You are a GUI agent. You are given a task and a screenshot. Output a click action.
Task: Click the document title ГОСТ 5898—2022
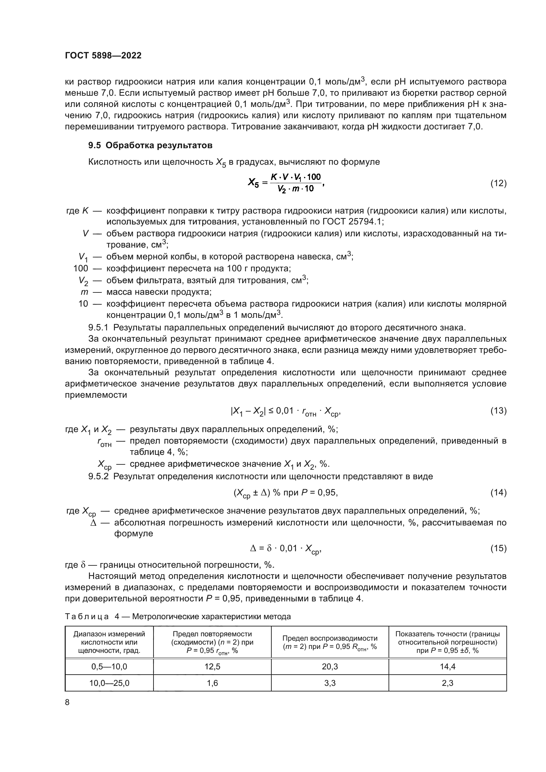(103, 55)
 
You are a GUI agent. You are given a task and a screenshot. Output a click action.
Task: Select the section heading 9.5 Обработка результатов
(150, 145)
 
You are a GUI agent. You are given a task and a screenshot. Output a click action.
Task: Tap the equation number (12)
(498, 183)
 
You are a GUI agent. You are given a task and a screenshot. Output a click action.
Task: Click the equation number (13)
(498, 411)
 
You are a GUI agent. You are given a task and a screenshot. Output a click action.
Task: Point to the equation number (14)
(498, 492)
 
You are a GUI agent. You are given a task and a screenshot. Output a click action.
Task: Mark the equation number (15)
(498, 549)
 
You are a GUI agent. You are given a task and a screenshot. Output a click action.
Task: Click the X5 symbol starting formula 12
(253, 183)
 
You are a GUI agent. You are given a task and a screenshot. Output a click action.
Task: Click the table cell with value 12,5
(212, 666)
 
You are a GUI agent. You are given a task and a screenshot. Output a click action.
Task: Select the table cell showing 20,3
(329, 666)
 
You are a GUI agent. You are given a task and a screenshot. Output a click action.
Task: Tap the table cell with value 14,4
(448, 666)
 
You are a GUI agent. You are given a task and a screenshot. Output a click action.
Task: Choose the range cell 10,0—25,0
(109, 683)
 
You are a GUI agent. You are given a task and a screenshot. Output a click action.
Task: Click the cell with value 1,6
(212, 683)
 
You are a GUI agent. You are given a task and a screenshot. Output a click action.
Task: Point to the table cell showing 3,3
(329, 683)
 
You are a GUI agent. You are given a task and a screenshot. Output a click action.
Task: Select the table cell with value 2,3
(448, 683)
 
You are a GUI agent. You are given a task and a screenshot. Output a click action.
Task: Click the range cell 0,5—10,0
(109, 666)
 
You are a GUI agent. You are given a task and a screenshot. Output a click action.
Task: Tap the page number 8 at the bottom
(67, 702)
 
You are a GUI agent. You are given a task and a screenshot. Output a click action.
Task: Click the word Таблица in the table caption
(87, 617)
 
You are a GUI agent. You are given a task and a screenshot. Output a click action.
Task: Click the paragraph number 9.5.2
(98, 477)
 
